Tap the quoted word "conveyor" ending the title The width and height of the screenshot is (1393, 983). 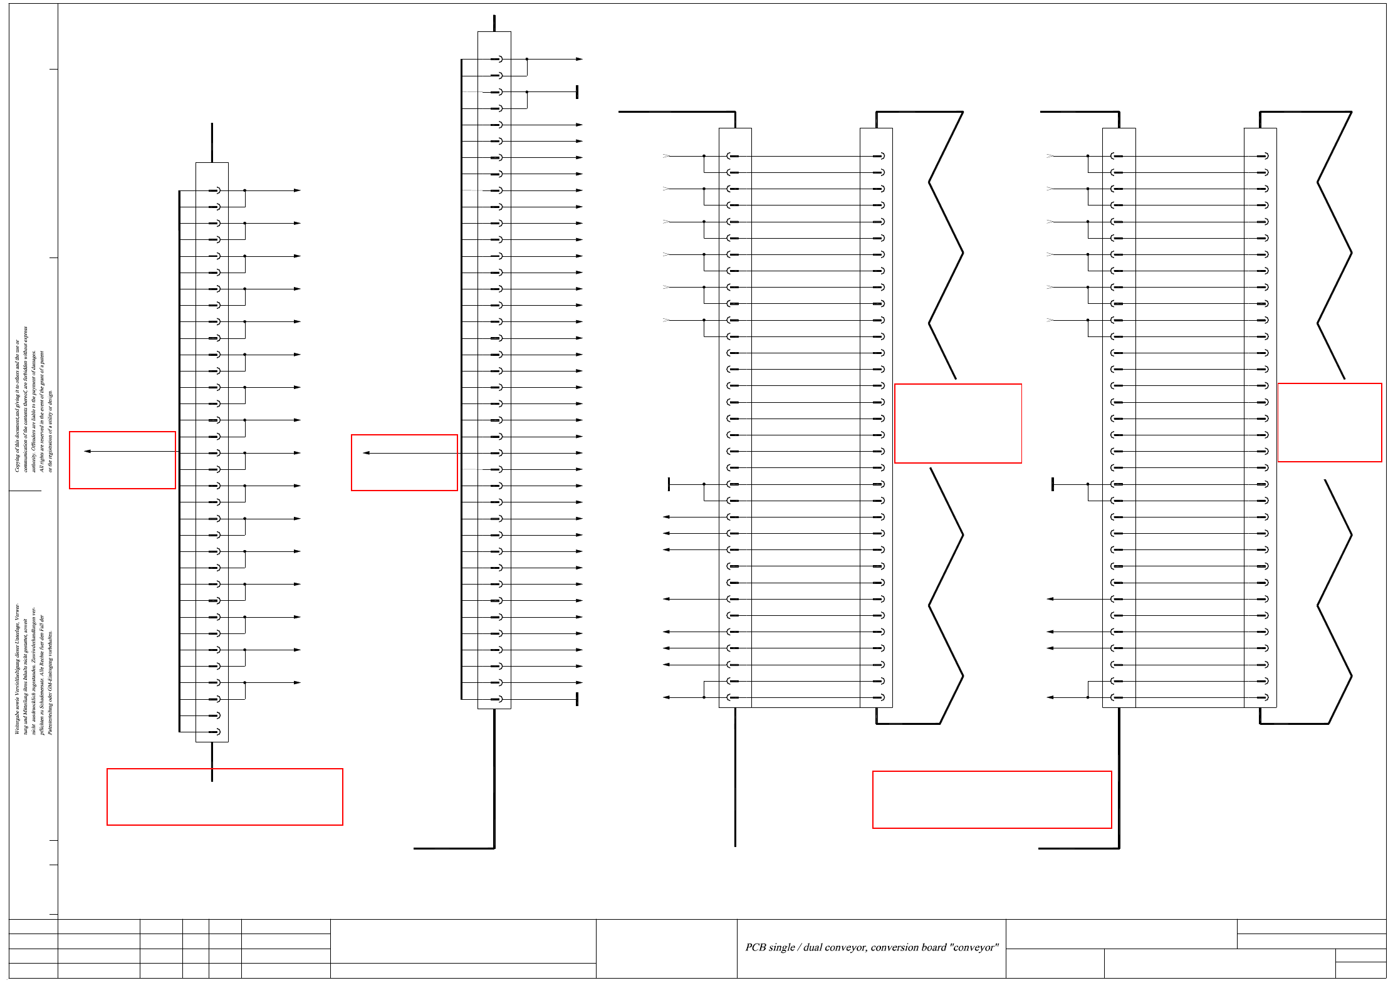pos(974,947)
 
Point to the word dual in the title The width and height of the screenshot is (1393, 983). pos(813,947)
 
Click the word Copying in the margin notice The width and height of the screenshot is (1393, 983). pos(17,462)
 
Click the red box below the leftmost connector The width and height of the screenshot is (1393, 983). pos(224,796)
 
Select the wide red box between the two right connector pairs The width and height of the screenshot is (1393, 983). pos(991,799)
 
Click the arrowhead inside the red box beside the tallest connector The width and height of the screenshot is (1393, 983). pos(367,453)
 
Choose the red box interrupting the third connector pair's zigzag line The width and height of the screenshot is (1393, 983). pos(957,424)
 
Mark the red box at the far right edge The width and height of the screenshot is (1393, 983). pos(1329,422)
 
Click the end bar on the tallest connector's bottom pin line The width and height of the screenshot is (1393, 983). pos(577,699)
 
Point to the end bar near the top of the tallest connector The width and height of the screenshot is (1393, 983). pos(577,92)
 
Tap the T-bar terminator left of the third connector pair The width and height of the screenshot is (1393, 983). pos(669,484)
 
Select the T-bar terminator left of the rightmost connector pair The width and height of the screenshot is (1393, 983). pos(1053,484)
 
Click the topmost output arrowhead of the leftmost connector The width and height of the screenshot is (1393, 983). pos(298,190)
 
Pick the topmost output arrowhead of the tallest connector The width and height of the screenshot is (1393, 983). pos(580,60)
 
